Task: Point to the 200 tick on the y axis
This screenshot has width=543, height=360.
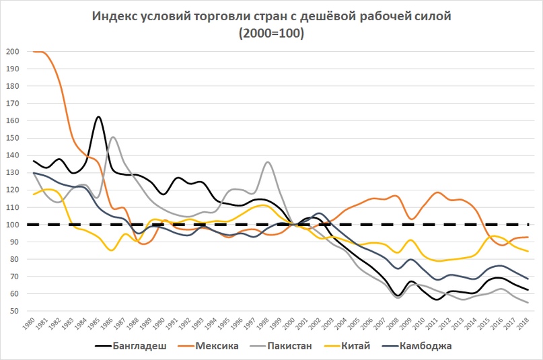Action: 12,51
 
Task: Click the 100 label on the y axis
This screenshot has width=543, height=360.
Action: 12,225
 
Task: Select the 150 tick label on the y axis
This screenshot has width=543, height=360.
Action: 12,138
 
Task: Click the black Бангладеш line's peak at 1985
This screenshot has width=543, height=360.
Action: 99,116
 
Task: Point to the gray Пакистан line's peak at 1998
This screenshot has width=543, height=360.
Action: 268,162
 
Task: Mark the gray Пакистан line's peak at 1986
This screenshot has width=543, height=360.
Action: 112,137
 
